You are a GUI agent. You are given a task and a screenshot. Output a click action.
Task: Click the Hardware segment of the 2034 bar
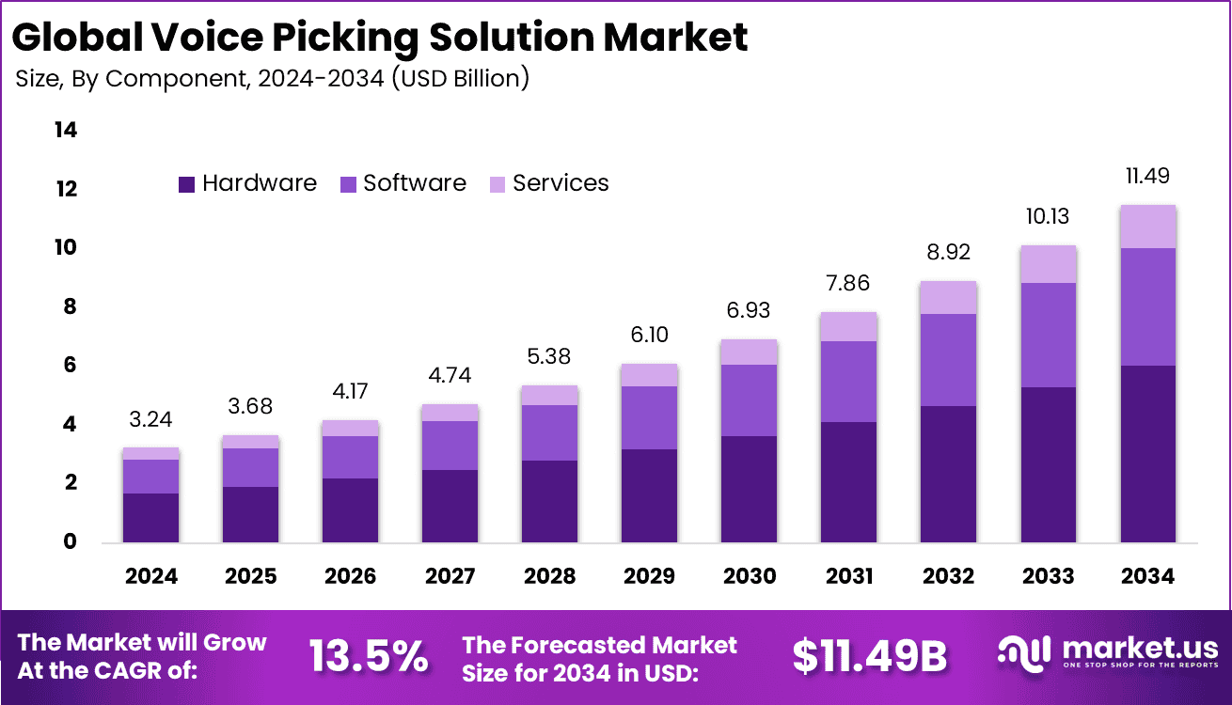pos(1147,453)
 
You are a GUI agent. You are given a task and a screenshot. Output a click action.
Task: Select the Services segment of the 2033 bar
pos(1048,264)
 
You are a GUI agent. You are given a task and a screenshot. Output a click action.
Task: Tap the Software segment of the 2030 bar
pos(749,399)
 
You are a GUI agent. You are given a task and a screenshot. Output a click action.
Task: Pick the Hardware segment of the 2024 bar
pos(150,517)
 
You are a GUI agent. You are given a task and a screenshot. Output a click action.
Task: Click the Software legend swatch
pos(347,184)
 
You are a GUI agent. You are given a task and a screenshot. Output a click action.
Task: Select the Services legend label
pos(561,183)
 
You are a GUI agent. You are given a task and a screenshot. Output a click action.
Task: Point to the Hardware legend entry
pos(247,183)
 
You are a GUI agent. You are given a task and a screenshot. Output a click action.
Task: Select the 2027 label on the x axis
pos(450,576)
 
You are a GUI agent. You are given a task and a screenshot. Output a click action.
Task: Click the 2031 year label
pos(848,576)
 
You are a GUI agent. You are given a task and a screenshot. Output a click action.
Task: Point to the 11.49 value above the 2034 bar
pos(1147,176)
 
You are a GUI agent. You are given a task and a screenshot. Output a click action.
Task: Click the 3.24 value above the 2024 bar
pos(150,419)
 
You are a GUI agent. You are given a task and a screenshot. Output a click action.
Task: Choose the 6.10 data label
pos(649,335)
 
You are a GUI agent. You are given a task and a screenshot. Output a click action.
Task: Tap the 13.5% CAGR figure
pos(369,657)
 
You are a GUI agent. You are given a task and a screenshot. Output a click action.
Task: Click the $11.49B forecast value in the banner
pos(869,657)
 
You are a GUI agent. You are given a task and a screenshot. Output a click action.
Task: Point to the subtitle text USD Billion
pos(461,78)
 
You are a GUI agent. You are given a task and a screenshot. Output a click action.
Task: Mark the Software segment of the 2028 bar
pos(549,432)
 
